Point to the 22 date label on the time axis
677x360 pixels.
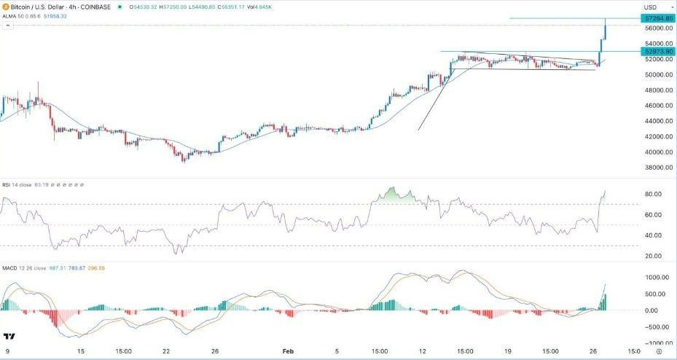pyautogui.click(x=166, y=351)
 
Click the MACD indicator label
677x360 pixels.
pyautogui.click(x=11, y=266)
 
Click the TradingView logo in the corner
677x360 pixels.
pyautogui.click(x=9, y=337)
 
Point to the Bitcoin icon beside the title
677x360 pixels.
pyautogui.click(x=6, y=7)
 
